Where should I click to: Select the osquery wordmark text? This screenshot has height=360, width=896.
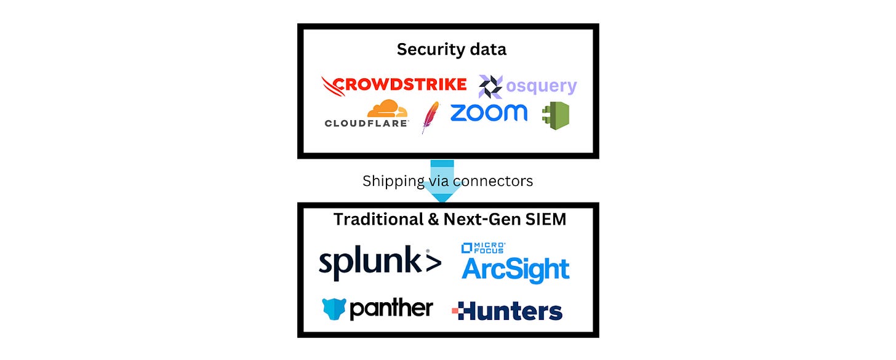[541, 87]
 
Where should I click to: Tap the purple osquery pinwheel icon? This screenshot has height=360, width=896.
[490, 87]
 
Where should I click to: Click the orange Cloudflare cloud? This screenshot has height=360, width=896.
[387, 109]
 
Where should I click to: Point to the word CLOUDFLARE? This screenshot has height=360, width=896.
[366, 123]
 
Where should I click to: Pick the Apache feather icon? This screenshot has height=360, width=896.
[430, 117]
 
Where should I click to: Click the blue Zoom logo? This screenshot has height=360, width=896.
[489, 113]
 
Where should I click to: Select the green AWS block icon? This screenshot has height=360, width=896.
[556, 115]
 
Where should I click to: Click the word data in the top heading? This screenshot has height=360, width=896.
[486, 49]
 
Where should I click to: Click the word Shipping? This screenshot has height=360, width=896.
[392, 181]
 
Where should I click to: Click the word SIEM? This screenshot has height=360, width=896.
[546, 219]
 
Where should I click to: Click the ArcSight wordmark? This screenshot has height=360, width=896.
[516, 269]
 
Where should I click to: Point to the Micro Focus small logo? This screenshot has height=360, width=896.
[483, 248]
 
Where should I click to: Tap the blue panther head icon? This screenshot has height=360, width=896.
[334, 308]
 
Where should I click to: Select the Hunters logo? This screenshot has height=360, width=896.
[507, 311]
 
